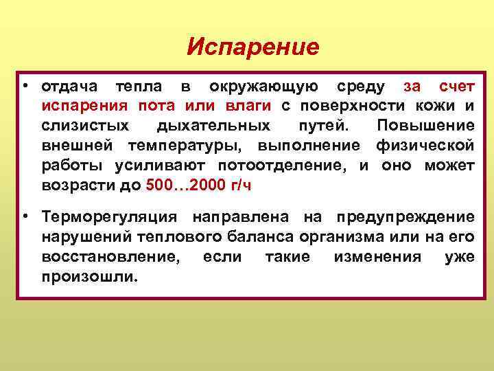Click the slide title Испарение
click(253, 47)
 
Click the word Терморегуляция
click(110, 217)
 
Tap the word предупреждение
click(405, 217)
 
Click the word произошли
click(89, 277)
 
